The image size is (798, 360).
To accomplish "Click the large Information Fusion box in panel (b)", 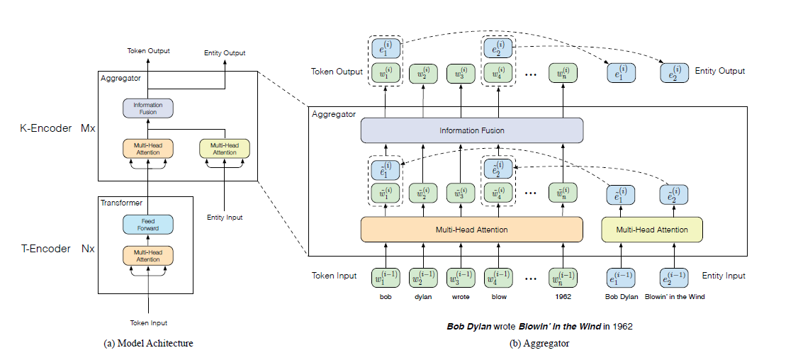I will (x=471, y=130).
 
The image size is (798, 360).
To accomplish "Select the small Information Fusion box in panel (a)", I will (x=148, y=108).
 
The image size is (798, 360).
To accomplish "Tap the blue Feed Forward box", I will (x=148, y=225).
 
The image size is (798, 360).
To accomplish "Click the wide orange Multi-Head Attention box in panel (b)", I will (x=471, y=230).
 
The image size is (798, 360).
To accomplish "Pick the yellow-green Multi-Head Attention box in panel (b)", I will (x=651, y=230).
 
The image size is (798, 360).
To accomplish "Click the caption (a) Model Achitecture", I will (x=148, y=344).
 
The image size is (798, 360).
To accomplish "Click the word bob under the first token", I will (x=386, y=297).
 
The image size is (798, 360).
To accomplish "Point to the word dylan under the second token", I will (x=423, y=297).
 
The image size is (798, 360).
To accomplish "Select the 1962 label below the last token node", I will (x=563, y=297).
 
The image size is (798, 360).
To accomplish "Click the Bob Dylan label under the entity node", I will (x=622, y=297).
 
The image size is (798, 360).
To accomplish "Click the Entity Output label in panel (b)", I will (x=720, y=71).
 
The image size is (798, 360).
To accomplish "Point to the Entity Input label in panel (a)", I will (x=225, y=218).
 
